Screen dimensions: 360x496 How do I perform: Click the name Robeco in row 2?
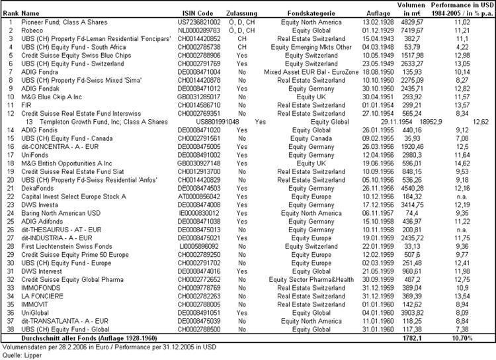pyautogui.click(x=32, y=30)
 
